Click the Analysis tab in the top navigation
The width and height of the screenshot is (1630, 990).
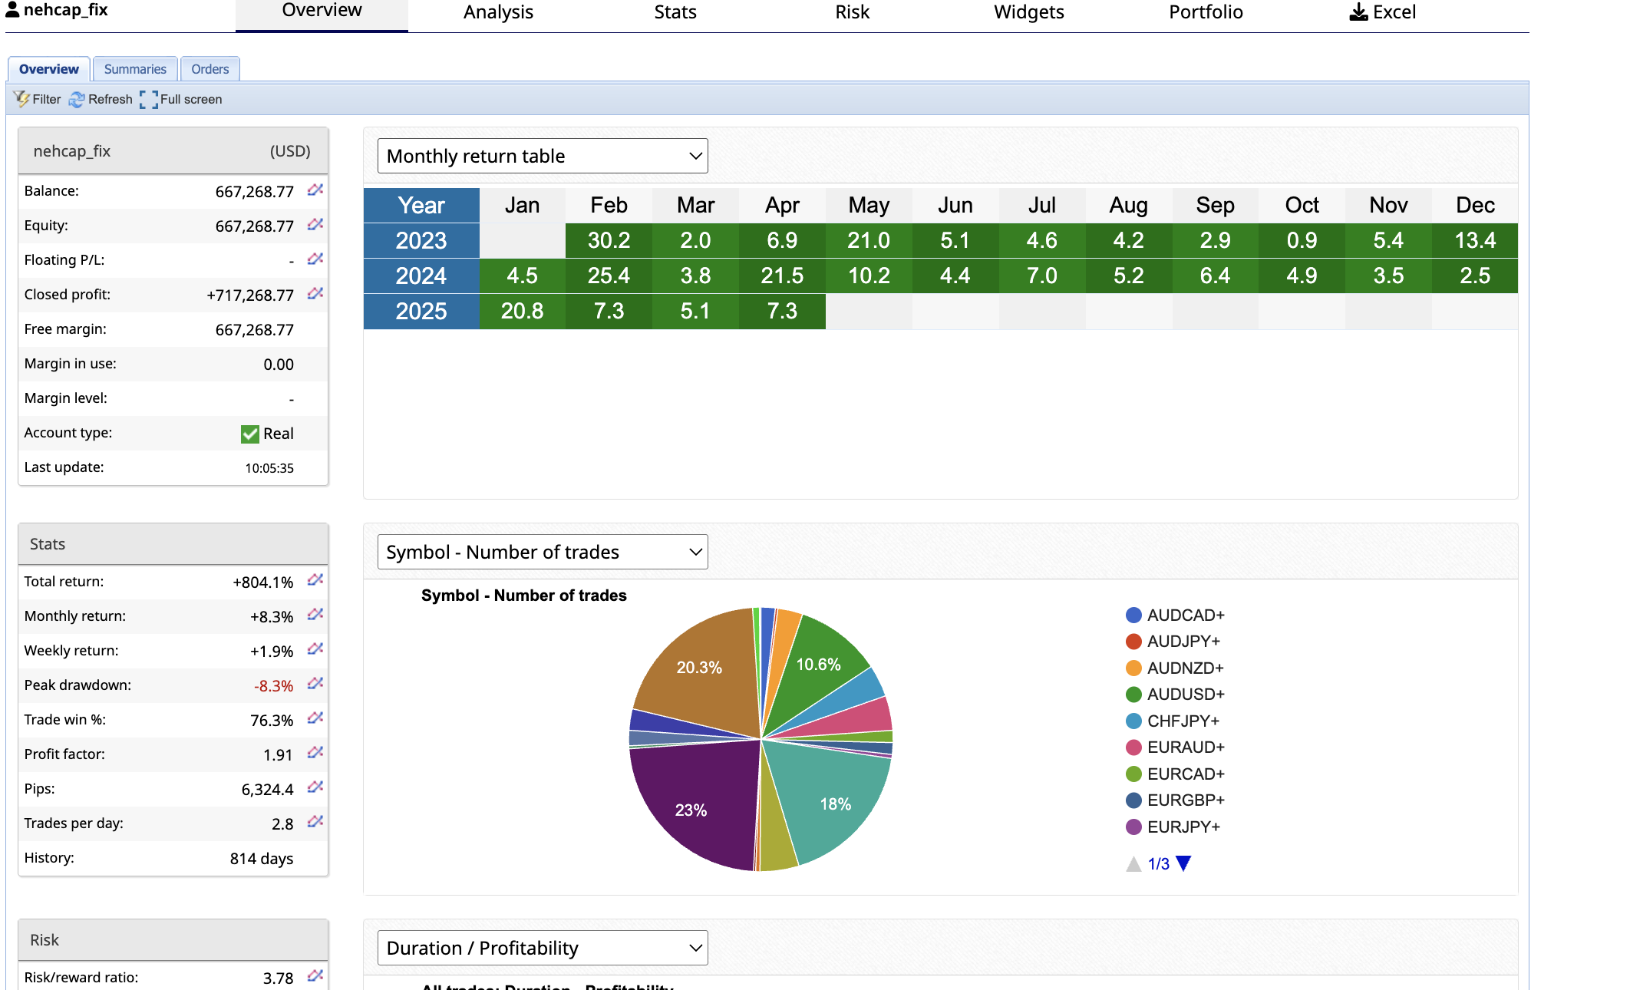point(498,12)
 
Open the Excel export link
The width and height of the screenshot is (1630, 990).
point(1383,12)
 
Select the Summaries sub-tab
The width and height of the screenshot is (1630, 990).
point(135,69)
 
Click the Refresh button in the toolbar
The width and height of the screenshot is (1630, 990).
point(101,100)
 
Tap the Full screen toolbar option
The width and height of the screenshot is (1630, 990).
point(182,100)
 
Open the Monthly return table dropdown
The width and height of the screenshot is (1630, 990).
point(543,156)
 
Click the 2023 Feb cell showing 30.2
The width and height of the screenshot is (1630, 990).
point(609,241)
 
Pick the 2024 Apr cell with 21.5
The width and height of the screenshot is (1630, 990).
point(782,276)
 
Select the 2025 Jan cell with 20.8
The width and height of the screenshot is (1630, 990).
point(522,312)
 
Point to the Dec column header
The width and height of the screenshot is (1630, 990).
point(1475,206)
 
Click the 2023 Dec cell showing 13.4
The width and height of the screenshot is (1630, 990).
point(1475,241)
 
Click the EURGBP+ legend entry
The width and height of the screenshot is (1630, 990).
point(1185,800)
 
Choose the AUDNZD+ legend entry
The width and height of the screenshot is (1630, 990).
point(1185,668)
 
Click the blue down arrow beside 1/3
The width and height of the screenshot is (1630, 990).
point(1183,863)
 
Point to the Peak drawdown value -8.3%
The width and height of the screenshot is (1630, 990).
point(273,686)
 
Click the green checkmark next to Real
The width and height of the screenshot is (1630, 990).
point(250,434)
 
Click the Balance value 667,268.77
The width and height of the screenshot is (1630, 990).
point(254,192)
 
